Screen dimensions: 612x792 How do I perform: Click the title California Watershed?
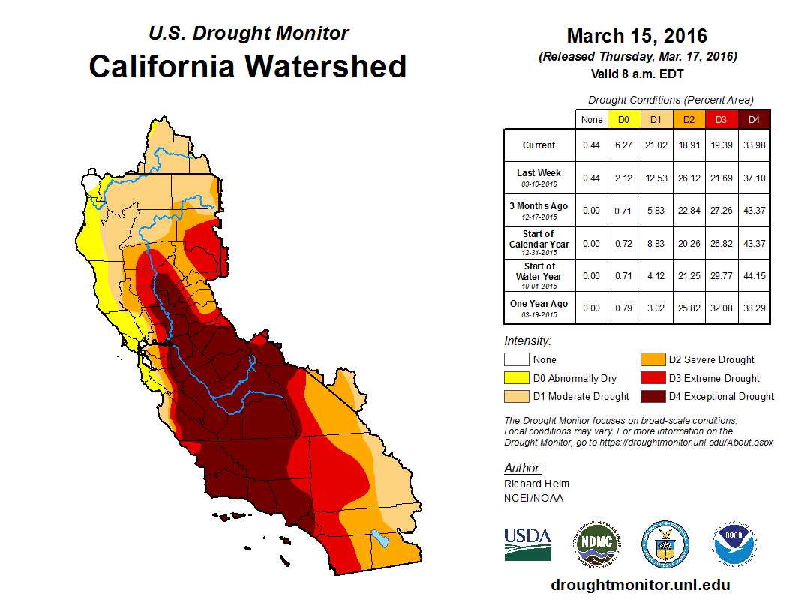coord(247,67)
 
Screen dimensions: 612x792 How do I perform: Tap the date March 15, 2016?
coord(637,36)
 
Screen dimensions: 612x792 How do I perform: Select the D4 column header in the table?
coord(754,119)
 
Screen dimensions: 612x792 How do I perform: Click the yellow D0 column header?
coord(622,119)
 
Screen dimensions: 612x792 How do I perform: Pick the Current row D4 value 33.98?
coord(754,145)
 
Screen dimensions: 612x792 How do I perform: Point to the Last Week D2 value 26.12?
coord(688,178)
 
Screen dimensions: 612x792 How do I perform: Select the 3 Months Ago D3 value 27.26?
coord(721,211)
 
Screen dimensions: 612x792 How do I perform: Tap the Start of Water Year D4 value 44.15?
coord(754,275)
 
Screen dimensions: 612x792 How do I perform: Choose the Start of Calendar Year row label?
coord(539,243)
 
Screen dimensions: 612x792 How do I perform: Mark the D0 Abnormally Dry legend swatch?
coord(516,378)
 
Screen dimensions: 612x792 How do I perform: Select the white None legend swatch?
coord(516,360)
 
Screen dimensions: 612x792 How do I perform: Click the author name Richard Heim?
coord(536,484)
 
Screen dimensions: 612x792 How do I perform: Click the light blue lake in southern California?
coord(380,538)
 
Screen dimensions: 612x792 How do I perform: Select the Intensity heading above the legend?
coord(527,340)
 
